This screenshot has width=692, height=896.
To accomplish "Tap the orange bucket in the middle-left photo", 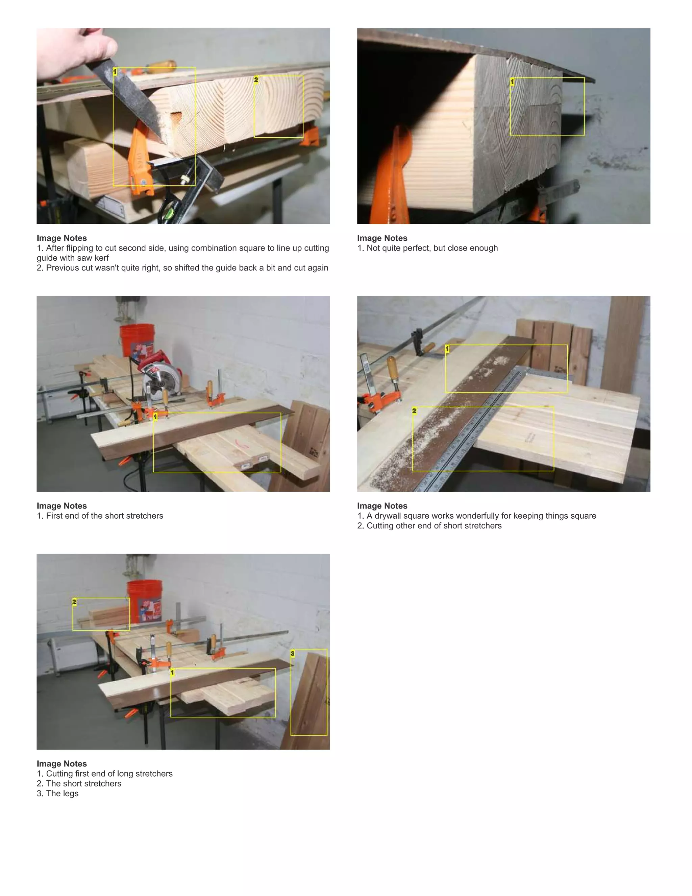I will coord(137,340).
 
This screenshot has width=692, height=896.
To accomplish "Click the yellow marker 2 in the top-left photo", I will coord(256,79).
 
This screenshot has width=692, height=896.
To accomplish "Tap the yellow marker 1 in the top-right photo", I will coord(512,82).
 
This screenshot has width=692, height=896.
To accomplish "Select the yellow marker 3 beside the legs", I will coord(292,654).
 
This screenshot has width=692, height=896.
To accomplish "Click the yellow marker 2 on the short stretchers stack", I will coord(74,602).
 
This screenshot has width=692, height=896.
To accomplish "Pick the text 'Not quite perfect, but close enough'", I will coord(432,248).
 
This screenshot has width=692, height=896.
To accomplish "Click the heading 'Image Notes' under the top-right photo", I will coord(382,238).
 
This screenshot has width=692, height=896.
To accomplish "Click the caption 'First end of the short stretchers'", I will coord(104,516).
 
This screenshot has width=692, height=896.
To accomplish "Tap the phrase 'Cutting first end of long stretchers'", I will coord(109,774).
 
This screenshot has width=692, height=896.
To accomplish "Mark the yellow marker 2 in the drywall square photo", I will coord(414,411).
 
